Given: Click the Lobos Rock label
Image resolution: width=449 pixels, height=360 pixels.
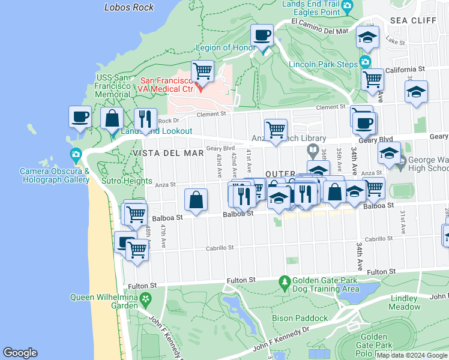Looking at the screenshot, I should click(x=129, y=7).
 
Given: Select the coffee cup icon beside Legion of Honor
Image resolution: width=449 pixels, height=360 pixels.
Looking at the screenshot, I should click(x=262, y=35).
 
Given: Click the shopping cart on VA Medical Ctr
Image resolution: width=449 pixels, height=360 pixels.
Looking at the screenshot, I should click(x=203, y=71).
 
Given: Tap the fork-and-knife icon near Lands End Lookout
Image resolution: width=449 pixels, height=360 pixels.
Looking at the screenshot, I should click(x=145, y=119).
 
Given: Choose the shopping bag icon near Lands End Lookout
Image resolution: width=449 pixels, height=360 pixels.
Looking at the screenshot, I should click(x=112, y=118).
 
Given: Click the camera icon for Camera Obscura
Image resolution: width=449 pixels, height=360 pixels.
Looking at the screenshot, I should click(x=76, y=156).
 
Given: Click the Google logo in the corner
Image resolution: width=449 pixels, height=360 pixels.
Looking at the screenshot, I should click(x=20, y=353).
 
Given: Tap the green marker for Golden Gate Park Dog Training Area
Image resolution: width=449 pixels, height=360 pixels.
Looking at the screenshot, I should click(x=284, y=281).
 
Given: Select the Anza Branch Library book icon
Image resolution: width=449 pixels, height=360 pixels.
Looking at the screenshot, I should click(x=312, y=150).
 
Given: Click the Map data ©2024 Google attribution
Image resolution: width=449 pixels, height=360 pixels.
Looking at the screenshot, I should click(x=412, y=355).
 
